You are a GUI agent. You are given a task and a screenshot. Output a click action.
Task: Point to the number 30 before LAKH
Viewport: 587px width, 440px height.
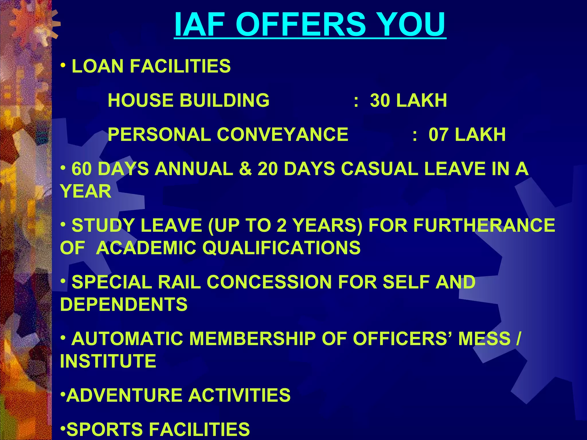[x=380, y=101]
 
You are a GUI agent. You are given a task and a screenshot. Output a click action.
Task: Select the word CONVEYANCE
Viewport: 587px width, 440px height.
[x=282, y=135]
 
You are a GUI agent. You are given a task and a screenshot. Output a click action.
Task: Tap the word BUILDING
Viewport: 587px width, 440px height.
[x=224, y=101]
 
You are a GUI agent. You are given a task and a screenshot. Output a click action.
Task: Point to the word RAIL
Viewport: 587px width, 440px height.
[x=179, y=282]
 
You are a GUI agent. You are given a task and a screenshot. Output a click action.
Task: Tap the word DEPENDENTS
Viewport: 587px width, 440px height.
[x=124, y=304]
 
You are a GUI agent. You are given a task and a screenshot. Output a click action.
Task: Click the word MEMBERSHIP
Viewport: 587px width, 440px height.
[x=252, y=339]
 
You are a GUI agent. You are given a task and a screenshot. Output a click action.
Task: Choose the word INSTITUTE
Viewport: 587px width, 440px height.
[x=108, y=361]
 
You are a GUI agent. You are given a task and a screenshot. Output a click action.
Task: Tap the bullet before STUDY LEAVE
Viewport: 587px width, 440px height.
[x=63, y=225]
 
